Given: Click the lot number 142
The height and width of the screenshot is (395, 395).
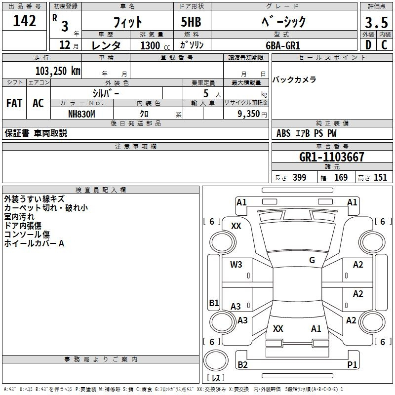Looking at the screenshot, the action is coord(24,21).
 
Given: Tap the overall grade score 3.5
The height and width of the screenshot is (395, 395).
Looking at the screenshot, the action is coord(376,22).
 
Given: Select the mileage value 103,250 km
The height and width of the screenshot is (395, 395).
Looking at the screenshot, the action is coord(58,71).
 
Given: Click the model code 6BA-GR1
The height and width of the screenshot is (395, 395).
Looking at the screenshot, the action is coord(283,45).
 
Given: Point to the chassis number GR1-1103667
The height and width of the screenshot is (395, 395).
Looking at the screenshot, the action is coord(332,157).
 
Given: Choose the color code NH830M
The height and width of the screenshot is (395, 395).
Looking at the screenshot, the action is coord(81,114).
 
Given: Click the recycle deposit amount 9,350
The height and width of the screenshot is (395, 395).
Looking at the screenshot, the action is coord(249,114).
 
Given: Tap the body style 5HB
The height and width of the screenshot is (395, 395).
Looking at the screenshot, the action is coord(191,22).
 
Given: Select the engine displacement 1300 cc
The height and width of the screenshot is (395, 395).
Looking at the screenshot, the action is coord(155,46).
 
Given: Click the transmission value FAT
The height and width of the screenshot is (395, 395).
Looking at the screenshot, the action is coord(14,103).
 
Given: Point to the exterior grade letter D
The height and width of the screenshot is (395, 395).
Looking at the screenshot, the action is coord(368,45).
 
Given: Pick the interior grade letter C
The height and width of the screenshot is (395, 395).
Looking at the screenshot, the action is coord(384,45).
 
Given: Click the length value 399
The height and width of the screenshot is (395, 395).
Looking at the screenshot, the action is coord(300,178).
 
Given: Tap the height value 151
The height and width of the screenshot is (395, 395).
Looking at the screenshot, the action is coord(380,178).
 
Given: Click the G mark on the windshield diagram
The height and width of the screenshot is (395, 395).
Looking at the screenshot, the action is coord(312,260).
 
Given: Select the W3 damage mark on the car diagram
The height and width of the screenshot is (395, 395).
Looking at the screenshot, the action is coord(236,265).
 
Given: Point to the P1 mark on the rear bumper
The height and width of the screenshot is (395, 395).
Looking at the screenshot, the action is coord(352,364).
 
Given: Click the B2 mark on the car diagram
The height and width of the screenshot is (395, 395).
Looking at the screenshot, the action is coord(242,364).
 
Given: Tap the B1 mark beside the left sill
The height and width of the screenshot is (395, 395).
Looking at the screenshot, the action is coord(214,303).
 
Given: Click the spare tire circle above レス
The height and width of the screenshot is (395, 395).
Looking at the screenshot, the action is coord(216,360).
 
